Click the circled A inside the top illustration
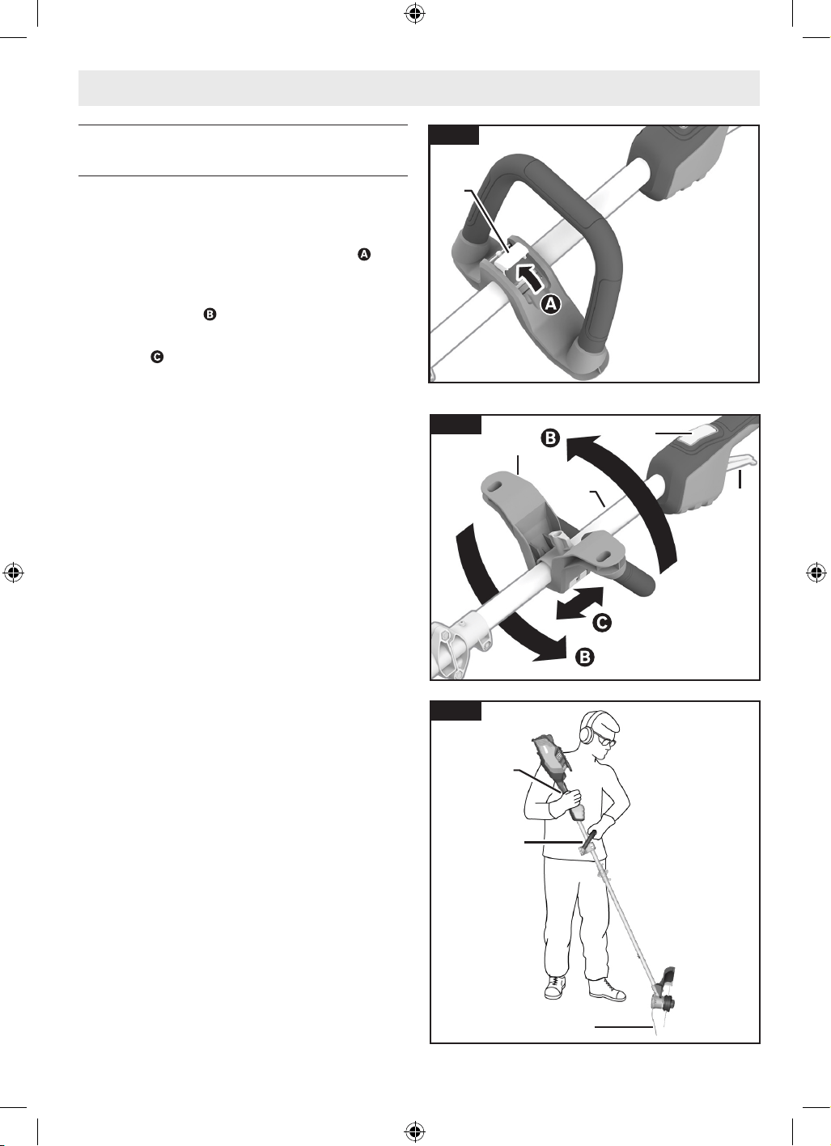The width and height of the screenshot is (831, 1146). pyautogui.click(x=550, y=304)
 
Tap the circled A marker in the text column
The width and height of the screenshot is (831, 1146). pyautogui.click(x=364, y=254)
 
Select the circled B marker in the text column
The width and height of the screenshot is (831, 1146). pyautogui.click(x=210, y=314)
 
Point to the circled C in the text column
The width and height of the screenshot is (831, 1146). pyautogui.click(x=157, y=357)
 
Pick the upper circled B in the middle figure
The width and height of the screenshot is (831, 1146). pyautogui.click(x=550, y=438)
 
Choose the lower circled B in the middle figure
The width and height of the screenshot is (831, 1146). pyautogui.click(x=585, y=657)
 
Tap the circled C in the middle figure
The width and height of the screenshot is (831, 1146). pyautogui.click(x=602, y=622)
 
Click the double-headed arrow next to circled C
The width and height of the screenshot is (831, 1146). pyautogui.click(x=579, y=603)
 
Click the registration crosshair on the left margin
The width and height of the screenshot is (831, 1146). pyautogui.click(x=14, y=573)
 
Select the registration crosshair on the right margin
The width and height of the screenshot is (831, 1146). pyautogui.click(x=816, y=573)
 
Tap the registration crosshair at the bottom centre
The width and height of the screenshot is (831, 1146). pyautogui.click(x=415, y=1131)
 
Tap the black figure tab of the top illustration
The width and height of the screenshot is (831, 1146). pyautogui.click(x=455, y=135)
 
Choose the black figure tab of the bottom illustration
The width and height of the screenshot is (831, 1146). pyautogui.click(x=456, y=711)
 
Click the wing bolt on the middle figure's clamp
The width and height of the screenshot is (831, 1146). pyautogui.click(x=559, y=539)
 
